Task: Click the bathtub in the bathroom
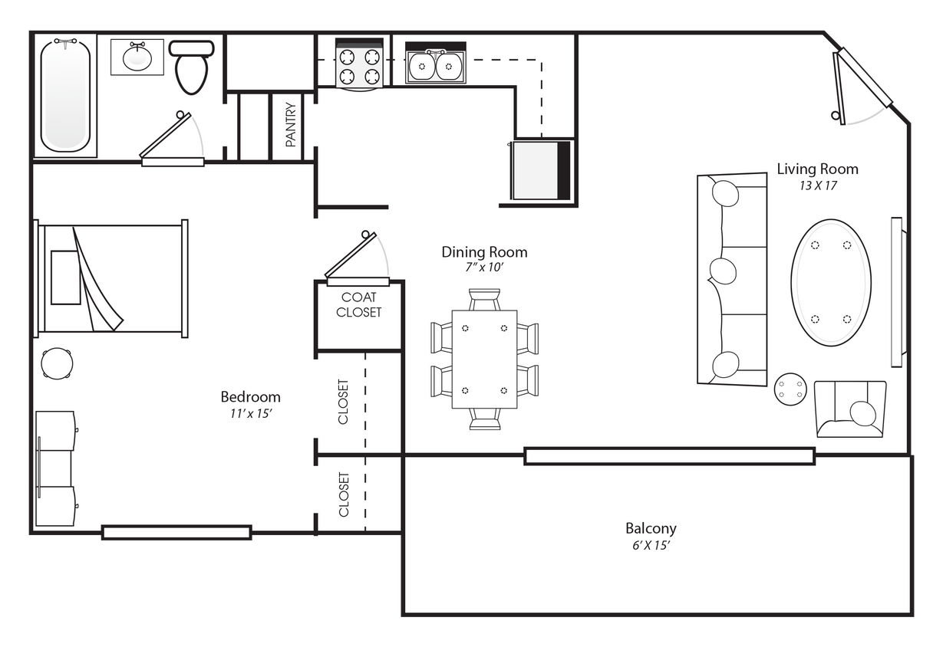click(65, 96)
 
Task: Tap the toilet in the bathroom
click(192, 67)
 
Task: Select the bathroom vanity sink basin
click(137, 58)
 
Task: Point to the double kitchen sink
click(436, 65)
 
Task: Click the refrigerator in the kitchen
click(540, 170)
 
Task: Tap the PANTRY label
click(291, 124)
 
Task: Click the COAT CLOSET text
click(358, 304)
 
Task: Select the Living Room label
click(817, 169)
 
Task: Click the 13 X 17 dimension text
click(818, 186)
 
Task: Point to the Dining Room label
click(484, 252)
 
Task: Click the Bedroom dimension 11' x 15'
click(250, 413)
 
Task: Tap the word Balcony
click(651, 528)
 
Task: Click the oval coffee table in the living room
click(831, 282)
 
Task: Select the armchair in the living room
click(850, 409)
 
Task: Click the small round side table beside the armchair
click(790, 389)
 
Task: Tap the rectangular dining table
click(485, 360)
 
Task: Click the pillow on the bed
click(66, 278)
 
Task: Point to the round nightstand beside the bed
click(57, 363)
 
